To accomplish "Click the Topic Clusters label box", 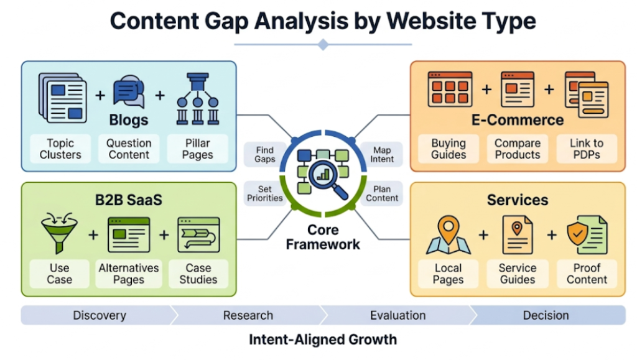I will click(x=60, y=149).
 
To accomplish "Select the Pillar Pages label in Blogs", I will click(x=197, y=149).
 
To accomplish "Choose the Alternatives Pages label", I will click(x=129, y=274).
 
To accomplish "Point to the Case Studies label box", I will click(x=198, y=274).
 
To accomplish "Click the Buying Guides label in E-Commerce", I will click(x=449, y=149).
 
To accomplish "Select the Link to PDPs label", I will click(x=586, y=149).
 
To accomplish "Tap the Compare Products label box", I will click(x=517, y=149).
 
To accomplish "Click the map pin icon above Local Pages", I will click(x=448, y=234).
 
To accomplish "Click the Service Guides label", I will click(x=517, y=274).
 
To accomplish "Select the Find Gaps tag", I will click(x=264, y=154).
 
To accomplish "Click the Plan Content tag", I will click(x=382, y=193).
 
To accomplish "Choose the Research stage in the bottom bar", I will click(x=248, y=315).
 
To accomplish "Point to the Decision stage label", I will click(x=546, y=315).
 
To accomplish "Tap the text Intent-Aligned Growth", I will click(x=322, y=339).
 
